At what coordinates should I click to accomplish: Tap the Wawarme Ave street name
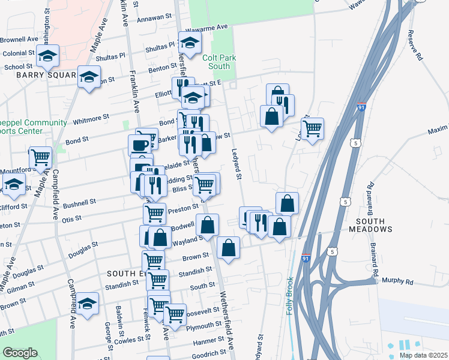point(207,28)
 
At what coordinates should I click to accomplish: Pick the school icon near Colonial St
point(47,56)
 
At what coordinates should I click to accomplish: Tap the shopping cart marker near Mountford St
point(40,157)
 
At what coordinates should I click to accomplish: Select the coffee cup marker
point(140,145)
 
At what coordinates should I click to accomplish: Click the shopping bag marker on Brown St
point(228,247)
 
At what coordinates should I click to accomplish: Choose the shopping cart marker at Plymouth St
point(175,314)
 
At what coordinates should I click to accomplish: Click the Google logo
point(20,353)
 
